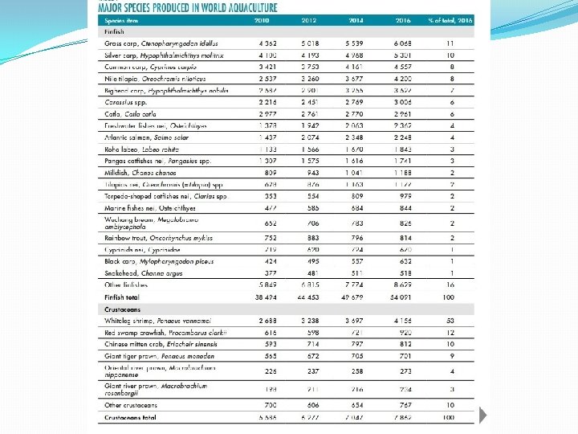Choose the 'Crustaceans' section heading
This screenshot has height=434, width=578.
[122, 309]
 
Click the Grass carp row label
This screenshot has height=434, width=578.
[157, 43]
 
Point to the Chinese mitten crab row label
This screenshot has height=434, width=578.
[161, 344]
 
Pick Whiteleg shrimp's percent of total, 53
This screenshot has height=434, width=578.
[450, 321]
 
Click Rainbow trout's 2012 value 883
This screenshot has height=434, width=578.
[311, 238]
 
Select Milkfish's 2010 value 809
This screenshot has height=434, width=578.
[268, 171]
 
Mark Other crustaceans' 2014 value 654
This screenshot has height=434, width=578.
[356, 406]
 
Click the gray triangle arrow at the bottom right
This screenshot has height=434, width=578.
[484, 415]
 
